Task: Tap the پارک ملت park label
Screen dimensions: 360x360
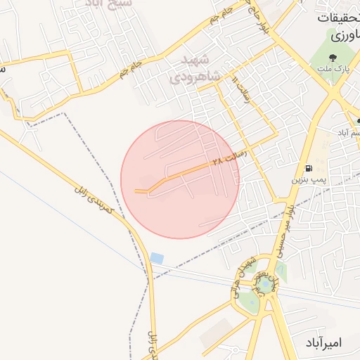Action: [x=340, y=67]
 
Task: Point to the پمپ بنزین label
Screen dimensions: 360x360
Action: [x=309, y=180]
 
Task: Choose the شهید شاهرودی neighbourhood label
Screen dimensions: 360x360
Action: [x=195, y=67]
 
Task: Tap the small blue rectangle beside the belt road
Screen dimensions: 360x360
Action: [x=157, y=259]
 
